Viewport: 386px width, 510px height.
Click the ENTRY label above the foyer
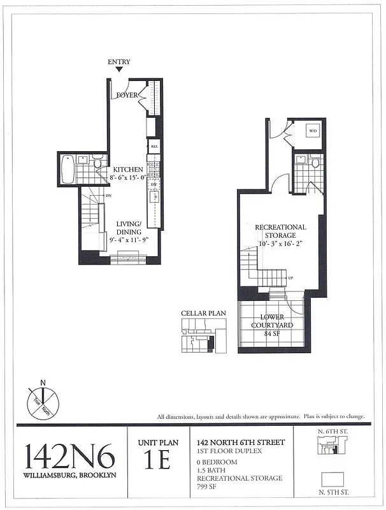(119, 62)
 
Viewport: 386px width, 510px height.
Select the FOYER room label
(128, 96)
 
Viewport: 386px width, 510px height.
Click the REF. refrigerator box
(154, 146)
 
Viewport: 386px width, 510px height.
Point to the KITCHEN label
(128, 170)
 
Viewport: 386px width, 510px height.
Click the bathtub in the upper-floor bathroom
(68, 169)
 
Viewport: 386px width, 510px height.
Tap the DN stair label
(109, 196)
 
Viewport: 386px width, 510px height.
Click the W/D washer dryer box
(313, 131)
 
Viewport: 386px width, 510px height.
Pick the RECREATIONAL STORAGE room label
(280, 231)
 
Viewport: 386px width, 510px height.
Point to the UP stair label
(290, 278)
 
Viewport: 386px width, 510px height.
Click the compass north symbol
(42, 402)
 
